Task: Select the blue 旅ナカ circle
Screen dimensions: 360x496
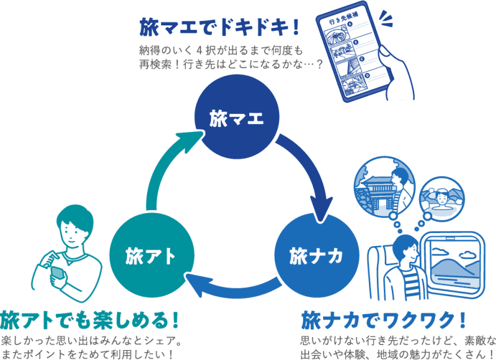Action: click(316, 255)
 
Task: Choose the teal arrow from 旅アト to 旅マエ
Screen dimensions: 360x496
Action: click(167, 167)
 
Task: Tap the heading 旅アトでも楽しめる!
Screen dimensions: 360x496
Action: click(91, 320)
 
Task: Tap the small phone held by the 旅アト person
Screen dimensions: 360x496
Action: click(57, 273)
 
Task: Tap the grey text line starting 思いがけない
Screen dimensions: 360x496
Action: click(397, 340)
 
